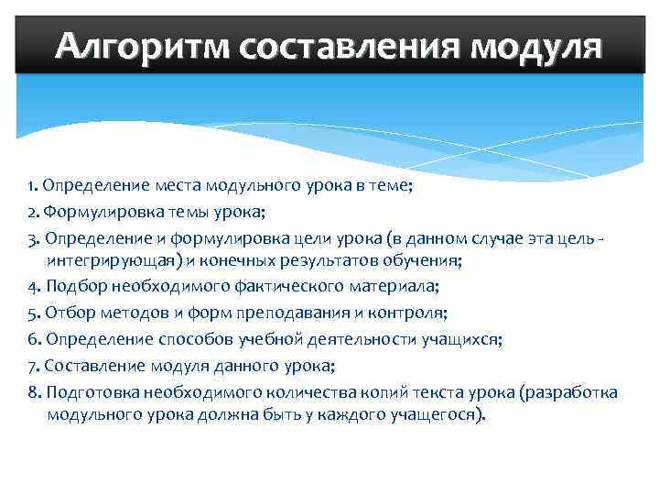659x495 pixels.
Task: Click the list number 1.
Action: [32, 185]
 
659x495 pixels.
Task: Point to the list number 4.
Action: [32, 287]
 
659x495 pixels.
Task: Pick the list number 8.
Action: [32, 392]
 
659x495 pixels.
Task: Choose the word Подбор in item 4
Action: [70, 287]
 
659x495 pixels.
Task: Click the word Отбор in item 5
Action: [66, 313]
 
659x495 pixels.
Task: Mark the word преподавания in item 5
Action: [286, 313]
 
